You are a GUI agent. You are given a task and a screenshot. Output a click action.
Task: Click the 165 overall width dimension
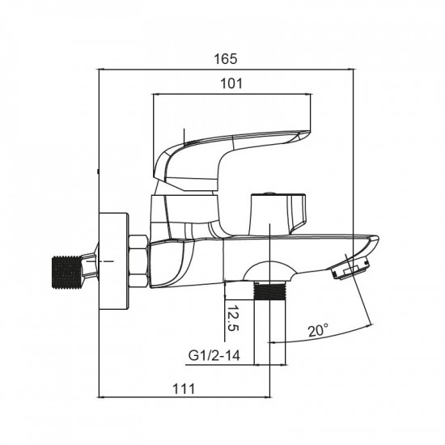pos(225,59)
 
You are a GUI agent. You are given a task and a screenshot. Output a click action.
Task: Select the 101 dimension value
pos(231,83)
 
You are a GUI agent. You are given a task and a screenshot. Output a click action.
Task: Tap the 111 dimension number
pos(184,389)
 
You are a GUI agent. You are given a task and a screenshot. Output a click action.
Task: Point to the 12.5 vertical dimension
pos(233,319)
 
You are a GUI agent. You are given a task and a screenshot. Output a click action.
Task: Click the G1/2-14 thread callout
pos(214,355)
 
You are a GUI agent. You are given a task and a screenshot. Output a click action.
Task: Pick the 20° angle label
pos(318,330)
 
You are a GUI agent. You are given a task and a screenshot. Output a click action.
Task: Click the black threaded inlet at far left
pos(66,272)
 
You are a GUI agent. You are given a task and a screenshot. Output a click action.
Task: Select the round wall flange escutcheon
pos(114,261)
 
